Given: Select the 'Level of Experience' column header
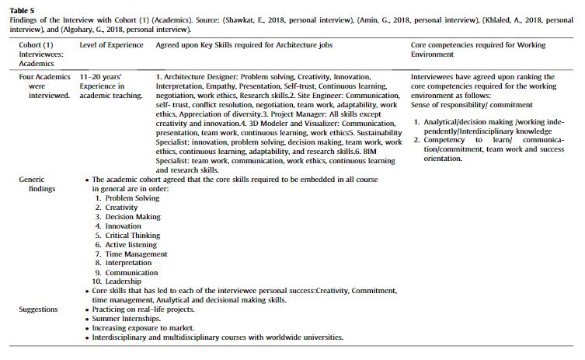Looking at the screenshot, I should click(x=111, y=46).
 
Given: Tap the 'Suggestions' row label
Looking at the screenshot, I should click(x=38, y=309).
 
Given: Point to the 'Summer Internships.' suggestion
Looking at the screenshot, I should click(x=127, y=319).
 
